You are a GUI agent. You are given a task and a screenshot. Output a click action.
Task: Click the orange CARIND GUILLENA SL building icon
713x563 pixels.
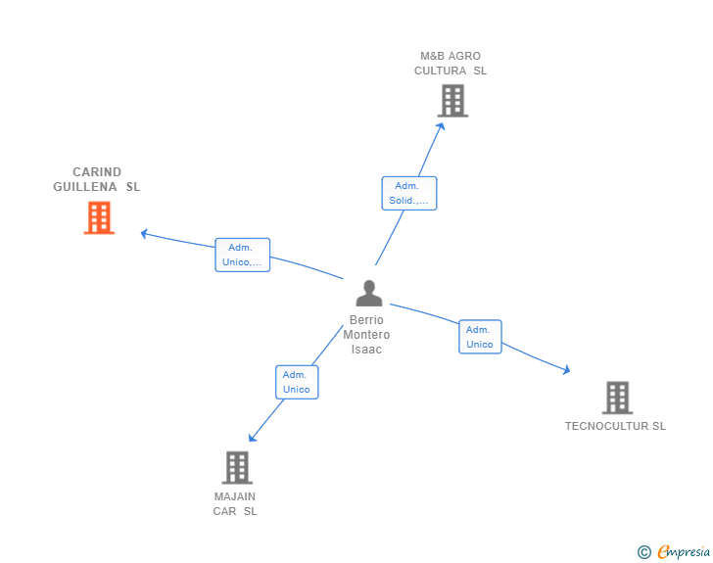point(99,218)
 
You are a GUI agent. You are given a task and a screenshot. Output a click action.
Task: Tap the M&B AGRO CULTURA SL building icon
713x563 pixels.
point(452,101)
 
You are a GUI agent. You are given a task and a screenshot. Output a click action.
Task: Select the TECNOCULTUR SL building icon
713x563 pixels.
point(617,398)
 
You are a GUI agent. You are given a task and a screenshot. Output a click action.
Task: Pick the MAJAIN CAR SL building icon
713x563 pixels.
point(237,467)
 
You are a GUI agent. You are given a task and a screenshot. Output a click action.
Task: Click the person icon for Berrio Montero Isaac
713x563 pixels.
point(368,294)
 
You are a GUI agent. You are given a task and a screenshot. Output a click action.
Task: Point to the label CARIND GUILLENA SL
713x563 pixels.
point(97,179)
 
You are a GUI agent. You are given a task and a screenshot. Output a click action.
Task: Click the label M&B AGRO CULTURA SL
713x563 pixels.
point(451,64)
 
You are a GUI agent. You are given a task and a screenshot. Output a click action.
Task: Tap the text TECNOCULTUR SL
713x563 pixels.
point(615,426)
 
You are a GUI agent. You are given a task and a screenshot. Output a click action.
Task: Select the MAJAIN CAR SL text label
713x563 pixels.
point(235,503)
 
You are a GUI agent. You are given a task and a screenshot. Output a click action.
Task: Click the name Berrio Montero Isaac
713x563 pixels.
point(366,335)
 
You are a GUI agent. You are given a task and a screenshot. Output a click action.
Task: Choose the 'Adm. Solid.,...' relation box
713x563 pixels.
point(408,193)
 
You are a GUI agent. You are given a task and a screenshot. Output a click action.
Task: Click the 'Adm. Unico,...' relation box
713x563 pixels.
point(242,255)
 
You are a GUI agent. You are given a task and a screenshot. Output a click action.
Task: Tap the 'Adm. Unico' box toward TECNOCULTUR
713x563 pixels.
point(480,337)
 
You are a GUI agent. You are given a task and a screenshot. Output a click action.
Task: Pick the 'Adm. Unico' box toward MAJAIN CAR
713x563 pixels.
point(297,382)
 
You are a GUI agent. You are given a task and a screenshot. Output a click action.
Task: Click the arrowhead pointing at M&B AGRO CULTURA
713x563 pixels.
point(441,124)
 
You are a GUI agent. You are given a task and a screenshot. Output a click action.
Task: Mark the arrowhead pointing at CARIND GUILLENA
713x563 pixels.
point(144,233)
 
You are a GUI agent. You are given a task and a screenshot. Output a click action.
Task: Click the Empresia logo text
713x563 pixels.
point(683,552)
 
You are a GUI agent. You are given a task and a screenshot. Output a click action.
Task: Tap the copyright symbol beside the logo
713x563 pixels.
point(643,552)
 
